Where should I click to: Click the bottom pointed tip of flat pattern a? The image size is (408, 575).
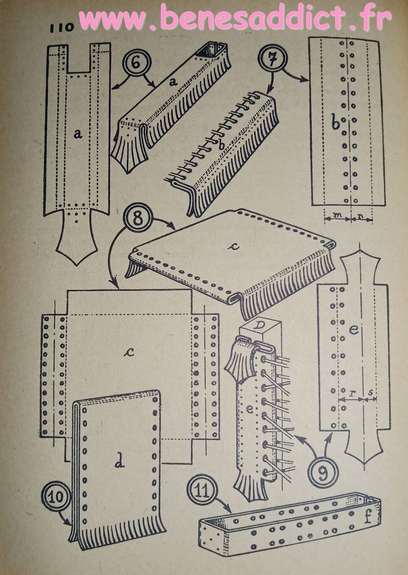(x=76, y=265)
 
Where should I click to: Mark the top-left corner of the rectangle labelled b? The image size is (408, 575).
(x=309, y=38)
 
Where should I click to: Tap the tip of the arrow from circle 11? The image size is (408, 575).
(x=231, y=513)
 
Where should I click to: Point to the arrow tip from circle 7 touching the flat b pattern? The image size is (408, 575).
(x=307, y=80)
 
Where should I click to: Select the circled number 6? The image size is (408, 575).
(x=137, y=63)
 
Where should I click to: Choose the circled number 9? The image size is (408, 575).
(x=323, y=473)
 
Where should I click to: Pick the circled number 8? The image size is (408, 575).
(x=138, y=217)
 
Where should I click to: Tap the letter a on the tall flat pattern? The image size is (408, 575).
(x=77, y=134)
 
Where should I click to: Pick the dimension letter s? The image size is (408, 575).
(x=370, y=393)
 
